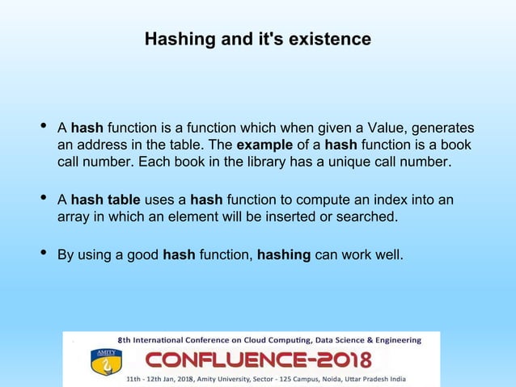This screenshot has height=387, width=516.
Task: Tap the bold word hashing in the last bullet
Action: [x=284, y=256]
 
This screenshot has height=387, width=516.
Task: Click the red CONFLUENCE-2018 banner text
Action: [x=258, y=360]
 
